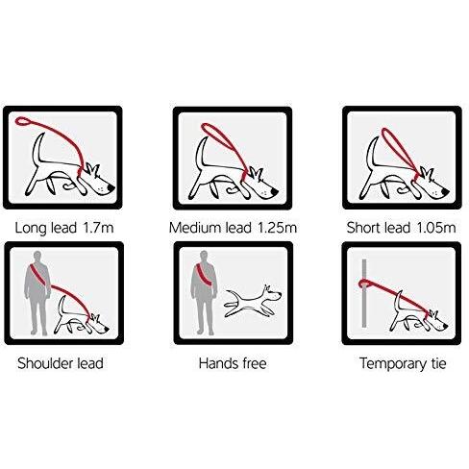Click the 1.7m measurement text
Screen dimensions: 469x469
(98, 228)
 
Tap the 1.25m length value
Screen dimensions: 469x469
(278, 228)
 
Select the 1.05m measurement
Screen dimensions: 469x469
(436, 228)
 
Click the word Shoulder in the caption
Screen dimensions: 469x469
(45, 363)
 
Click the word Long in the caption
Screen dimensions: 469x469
(31, 229)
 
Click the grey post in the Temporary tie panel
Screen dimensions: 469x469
(364, 293)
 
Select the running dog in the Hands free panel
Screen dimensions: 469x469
(253, 301)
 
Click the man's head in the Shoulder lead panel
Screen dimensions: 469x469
(37, 257)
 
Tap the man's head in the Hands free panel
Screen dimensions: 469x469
(204, 257)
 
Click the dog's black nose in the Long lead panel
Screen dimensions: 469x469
(111, 187)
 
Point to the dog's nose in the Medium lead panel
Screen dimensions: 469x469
(275, 191)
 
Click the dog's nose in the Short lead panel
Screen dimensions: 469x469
(445, 191)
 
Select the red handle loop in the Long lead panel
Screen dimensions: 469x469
(23, 121)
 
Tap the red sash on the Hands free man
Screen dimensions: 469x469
(205, 275)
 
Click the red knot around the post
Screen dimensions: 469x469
(363, 284)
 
